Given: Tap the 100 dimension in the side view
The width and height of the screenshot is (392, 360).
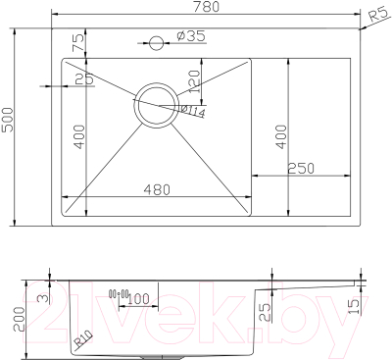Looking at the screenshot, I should tap(138, 298).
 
